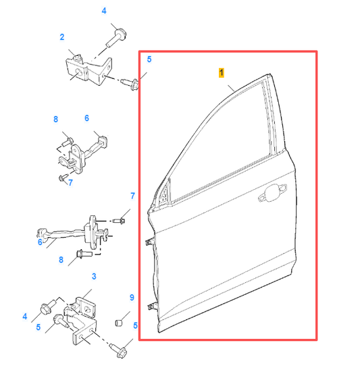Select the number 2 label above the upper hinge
click(61, 36)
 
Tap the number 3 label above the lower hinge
click(93, 277)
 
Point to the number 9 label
click(132, 298)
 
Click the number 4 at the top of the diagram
click(104, 11)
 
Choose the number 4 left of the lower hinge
click(25, 316)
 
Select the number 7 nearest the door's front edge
click(132, 196)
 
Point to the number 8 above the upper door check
click(56, 119)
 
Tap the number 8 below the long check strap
click(60, 260)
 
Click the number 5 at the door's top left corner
click(149, 59)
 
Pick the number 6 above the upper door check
click(86, 118)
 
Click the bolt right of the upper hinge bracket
click(132, 84)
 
